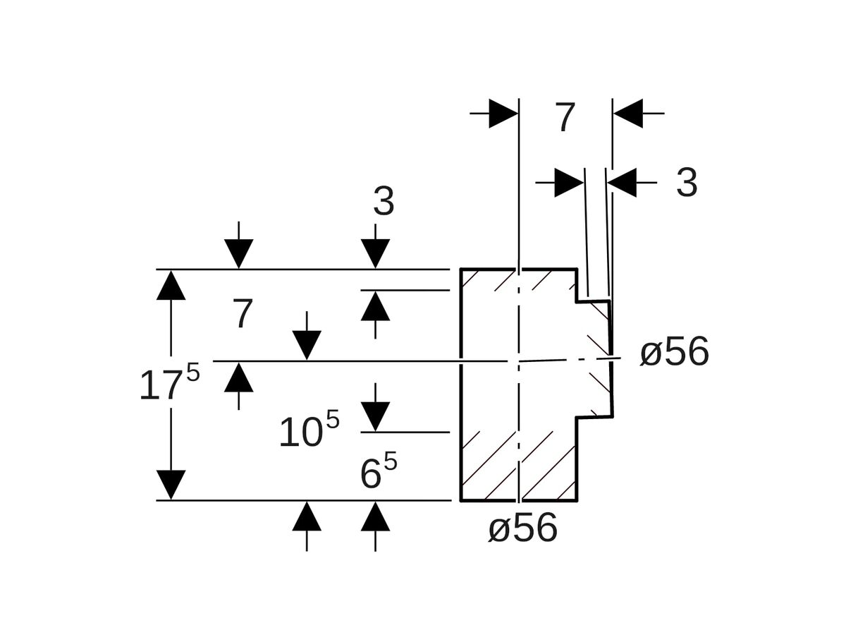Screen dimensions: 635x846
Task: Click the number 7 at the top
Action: pos(565,118)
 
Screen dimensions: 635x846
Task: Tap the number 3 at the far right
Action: pos(686,183)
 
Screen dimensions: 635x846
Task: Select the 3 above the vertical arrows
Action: pos(384,203)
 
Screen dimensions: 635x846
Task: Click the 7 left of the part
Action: pos(243,314)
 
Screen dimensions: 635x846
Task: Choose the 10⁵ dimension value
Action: pos(309,431)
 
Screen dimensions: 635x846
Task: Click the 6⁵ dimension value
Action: pos(378,473)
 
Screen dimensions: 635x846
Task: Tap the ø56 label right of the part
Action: pos(674,352)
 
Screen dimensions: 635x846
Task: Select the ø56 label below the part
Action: pos(522,528)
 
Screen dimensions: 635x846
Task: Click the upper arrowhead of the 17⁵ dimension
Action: pos(171,285)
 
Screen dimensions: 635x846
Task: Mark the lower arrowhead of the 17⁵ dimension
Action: pos(171,485)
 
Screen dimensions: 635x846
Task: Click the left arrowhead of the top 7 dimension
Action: pos(503,113)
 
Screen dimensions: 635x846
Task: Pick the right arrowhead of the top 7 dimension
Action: pos(628,113)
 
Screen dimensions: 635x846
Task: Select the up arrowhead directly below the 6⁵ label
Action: pos(375,517)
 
